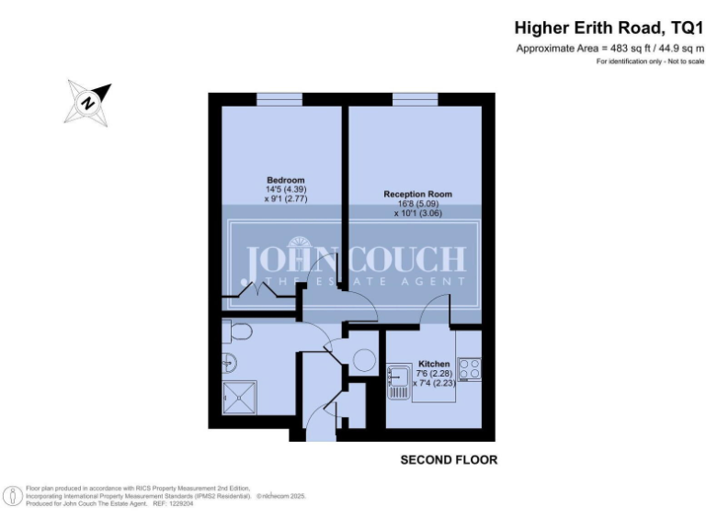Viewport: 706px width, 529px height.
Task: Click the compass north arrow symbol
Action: [87, 102]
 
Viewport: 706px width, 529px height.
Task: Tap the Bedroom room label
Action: [285, 179]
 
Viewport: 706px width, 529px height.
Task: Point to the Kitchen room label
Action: [433, 364]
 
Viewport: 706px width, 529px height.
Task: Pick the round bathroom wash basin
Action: [227, 365]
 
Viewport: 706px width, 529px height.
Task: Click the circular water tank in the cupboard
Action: [364, 361]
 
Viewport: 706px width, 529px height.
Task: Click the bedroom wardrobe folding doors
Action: [256, 293]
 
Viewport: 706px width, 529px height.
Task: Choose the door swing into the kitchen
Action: [434, 315]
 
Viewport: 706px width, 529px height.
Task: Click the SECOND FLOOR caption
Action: [449, 459]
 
